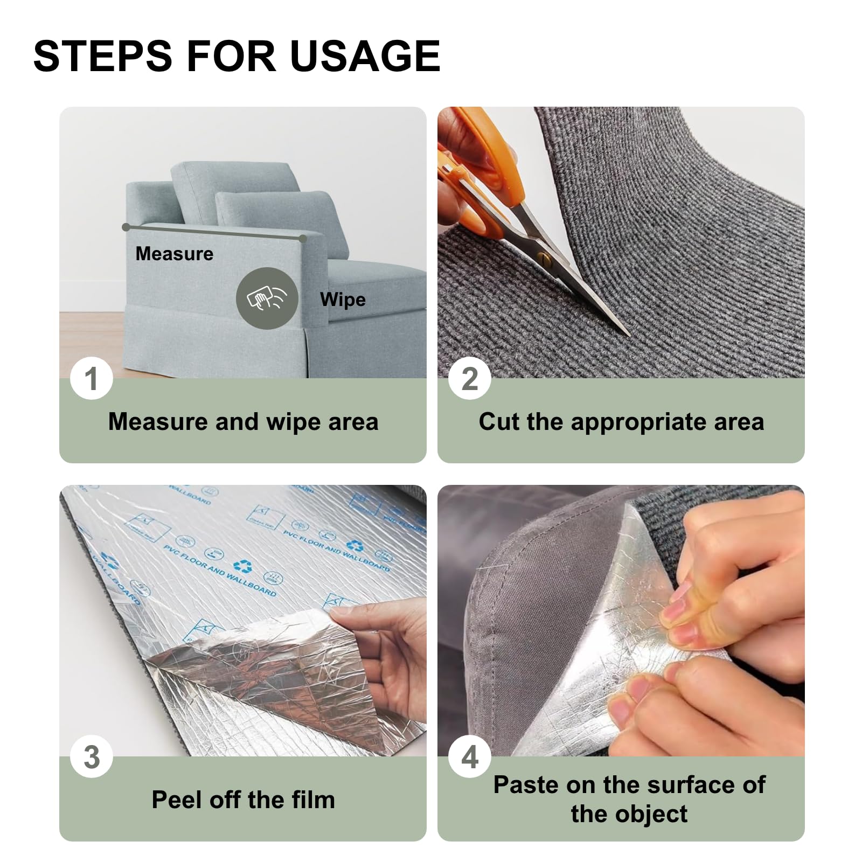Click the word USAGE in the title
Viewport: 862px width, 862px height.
click(365, 56)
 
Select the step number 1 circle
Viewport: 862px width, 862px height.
click(92, 378)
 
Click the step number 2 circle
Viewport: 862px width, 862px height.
click(470, 378)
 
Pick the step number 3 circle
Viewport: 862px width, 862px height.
click(92, 756)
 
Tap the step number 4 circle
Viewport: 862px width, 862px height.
click(470, 756)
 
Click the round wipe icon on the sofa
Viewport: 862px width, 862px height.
click(267, 298)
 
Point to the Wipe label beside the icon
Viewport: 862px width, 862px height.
click(343, 300)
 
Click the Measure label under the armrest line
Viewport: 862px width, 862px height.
click(174, 254)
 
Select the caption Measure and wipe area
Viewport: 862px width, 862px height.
click(243, 421)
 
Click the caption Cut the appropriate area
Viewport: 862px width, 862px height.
click(621, 421)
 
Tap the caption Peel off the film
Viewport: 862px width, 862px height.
click(243, 800)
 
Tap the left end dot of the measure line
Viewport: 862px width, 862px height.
click(126, 227)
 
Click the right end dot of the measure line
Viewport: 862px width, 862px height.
click(303, 238)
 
